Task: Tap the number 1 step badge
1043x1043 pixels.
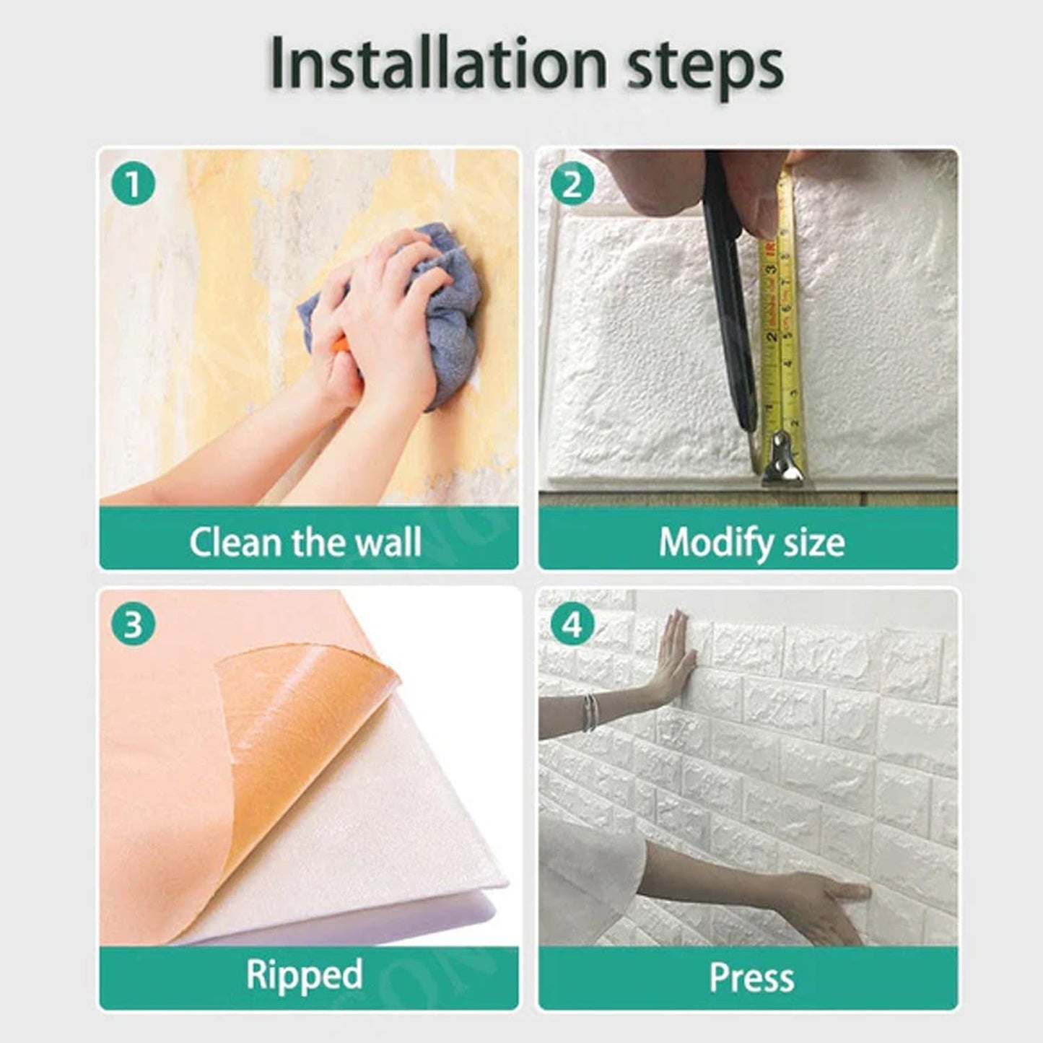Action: click(x=133, y=186)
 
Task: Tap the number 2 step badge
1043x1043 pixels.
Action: click(x=572, y=186)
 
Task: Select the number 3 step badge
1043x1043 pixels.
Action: click(x=133, y=624)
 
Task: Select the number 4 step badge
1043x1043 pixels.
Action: click(x=572, y=624)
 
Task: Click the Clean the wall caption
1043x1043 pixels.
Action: click(x=305, y=541)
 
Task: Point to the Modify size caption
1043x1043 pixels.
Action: click(x=751, y=541)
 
